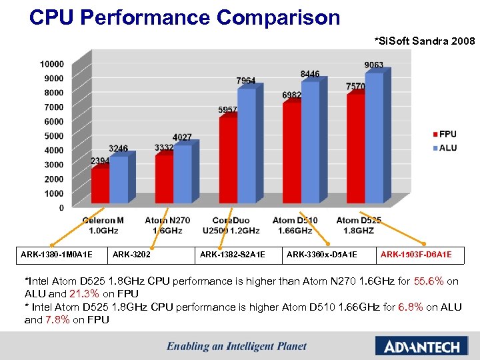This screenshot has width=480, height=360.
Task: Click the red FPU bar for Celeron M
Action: [100, 185]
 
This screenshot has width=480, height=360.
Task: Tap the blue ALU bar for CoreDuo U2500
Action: [247, 146]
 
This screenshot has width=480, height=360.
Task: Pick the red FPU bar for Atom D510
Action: [292, 152]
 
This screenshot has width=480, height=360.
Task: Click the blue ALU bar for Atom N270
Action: [183, 174]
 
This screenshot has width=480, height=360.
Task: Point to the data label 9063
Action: [373, 65]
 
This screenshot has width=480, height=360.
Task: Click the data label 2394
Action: [101, 161]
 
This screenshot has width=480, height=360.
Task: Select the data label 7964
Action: [245, 81]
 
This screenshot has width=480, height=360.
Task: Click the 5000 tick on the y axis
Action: [54, 136]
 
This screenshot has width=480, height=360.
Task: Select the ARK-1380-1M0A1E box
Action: [60, 254]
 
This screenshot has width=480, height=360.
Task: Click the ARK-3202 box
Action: [131, 254]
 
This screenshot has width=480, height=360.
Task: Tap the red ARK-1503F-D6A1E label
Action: [416, 254]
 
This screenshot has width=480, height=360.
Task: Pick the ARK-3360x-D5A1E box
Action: [321, 254]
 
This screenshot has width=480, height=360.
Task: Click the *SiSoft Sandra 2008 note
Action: [424, 41]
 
